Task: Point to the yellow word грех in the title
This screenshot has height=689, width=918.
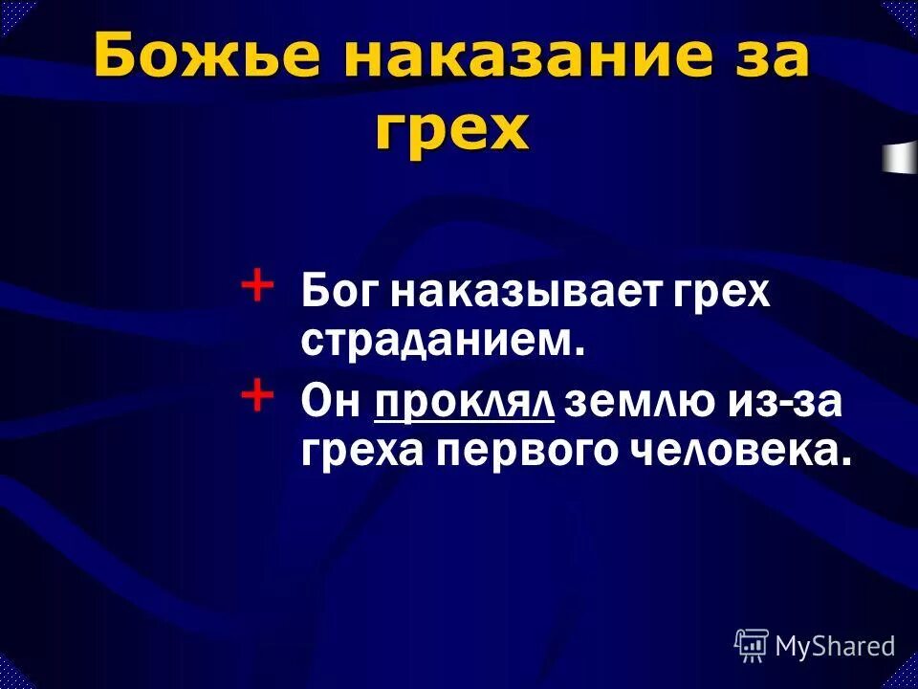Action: tap(450, 129)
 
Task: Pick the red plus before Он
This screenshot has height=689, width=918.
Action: tap(257, 395)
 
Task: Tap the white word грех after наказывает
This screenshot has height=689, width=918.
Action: tap(718, 292)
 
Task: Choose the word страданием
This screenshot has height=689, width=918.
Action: tap(442, 341)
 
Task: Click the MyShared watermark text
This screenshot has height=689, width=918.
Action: tap(836, 647)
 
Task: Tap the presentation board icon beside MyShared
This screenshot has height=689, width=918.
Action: tap(752, 646)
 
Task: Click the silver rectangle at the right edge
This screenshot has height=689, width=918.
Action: tap(900, 157)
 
